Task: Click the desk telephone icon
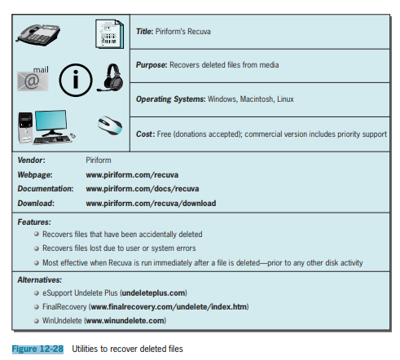tap(38, 34)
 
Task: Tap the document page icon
tap(109, 34)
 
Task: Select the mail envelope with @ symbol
tap(33, 79)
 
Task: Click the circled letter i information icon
tap(76, 80)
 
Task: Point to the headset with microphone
tap(111, 78)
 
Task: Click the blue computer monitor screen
tap(51, 121)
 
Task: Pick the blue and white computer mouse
tap(110, 125)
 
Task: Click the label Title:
tap(145, 32)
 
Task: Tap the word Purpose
tap(151, 65)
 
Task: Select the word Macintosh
tap(257, 99)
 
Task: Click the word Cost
tap(144, 134)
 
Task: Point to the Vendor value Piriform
tap(99, 160)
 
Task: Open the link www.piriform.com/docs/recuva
tap(143, 189)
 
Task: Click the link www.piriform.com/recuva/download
tap(151, 204)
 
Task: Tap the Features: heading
tap(34, 222)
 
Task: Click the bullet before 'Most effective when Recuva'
tap(37, 263)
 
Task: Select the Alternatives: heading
tap(40, 280)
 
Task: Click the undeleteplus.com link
tap(154, 293)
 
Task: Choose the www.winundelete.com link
tap(125, 321)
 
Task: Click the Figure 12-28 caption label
tap(37, 349)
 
